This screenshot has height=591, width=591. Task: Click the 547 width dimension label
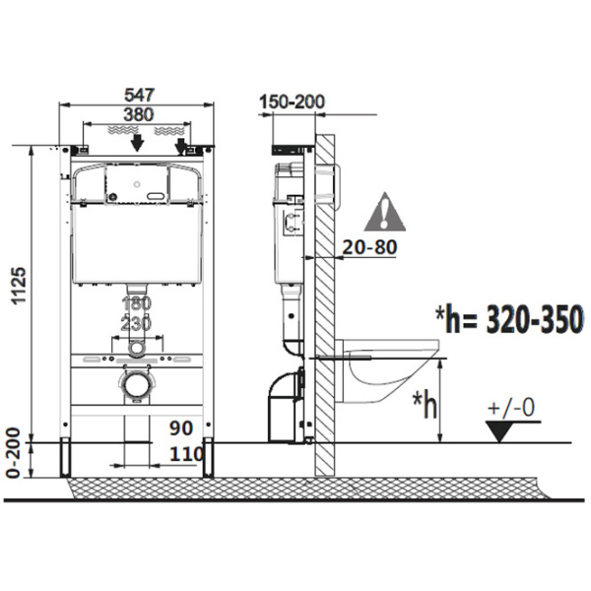click(x=139, y=95)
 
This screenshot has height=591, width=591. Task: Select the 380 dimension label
click(x=138, y=114)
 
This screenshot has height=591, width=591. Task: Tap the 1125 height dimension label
click(x=19, y=286)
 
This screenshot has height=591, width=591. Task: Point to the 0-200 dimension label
click(x=14, y=453)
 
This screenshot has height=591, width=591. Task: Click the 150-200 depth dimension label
click(x=292, y=101)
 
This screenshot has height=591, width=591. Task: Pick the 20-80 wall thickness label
click(x=369, y=247)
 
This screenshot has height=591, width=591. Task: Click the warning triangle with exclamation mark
click(x=384, y=212)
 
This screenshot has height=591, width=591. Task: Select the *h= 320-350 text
click(x=509, y=319)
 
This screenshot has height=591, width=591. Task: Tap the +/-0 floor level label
click(x=510, y=408)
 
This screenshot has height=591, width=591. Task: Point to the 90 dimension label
click(x=181, y=427)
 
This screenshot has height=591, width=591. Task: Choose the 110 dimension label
click(x=186, y=454)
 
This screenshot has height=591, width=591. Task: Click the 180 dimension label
click(x=137, y=303)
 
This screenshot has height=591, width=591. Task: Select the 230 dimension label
click(x=136, y=323)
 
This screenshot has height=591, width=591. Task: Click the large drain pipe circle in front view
click(x=136, y=385)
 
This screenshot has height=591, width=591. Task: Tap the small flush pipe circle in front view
click(x=136, y=349)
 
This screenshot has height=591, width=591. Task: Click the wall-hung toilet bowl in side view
click(x=387, y=370)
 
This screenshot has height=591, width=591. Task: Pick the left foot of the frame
click(x=65, y=458)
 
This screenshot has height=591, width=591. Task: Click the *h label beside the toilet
click(x=425, y=405)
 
